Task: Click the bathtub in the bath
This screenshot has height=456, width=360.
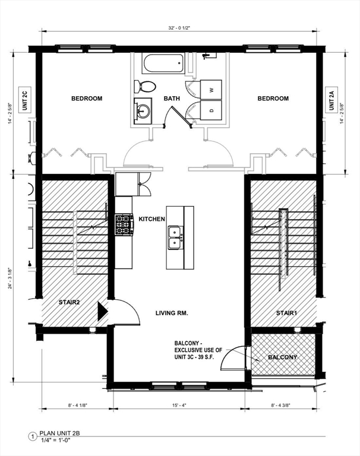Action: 163,64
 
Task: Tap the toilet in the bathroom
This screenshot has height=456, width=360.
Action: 144,87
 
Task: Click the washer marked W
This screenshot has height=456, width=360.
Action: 211,90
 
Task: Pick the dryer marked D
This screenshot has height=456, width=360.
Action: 211,110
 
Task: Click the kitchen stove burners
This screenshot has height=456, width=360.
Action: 124,224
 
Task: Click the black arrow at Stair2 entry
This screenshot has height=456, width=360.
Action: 103,311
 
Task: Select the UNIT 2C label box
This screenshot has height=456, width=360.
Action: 25,100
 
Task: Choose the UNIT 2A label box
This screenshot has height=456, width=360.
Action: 331,100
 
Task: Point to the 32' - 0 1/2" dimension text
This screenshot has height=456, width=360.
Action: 179,28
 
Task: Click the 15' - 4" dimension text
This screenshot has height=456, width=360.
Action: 179,405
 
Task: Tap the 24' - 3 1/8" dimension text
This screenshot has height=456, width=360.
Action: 10,278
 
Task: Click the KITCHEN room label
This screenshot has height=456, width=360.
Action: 151,219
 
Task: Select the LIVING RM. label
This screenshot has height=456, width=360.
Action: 172,313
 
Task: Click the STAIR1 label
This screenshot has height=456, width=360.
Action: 286,313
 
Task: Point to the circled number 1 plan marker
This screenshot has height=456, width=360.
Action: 33,436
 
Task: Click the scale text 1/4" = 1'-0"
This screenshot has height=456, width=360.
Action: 55,440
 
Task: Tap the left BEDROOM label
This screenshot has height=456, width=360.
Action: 87,99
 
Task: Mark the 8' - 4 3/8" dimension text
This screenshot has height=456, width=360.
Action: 281,405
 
